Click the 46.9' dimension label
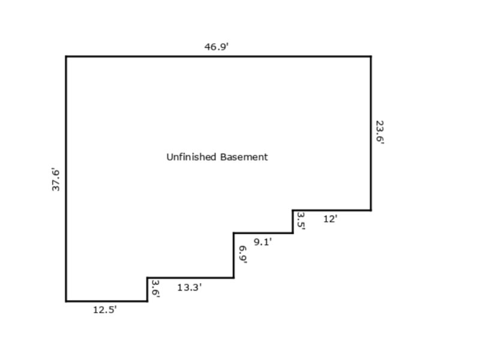pyautogui.click(x=217, y=47)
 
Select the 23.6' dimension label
pyautogui.click(x=380, y=132)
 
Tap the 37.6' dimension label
pyautogui.click(x=56, y=179)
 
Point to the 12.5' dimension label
pyautogui.click(x=104, y=310)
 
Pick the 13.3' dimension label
pyautogui.click(x=190, y=287)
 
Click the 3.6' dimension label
pyautogui.click(x=156, y=289)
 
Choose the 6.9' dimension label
pyautogui.click(x=243, y=254)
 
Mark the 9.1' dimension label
pyautogui.click(x=263, y=242)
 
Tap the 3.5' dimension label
pyautogui.click(x=301, y=221)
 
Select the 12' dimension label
pyautogui.click(x=331, y=219)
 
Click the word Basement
pyautogui.click(x=244, y=157)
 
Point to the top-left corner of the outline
pyautogui.click(x=66, y=56)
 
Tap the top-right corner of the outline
pyautogui.click(x=371, y=56)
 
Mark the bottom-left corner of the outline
pyautogui.click(x=66, y=301)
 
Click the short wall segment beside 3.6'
pyautogui.click(x=147, y=290)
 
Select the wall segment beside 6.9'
pyautogui.click(x=233, y=256)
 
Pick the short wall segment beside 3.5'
pyautogui.click(x=293, y=221)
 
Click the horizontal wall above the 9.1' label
pyautogui.click(x=263, y=233)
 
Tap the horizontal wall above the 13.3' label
pyautogui.click(x=190, y=278)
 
